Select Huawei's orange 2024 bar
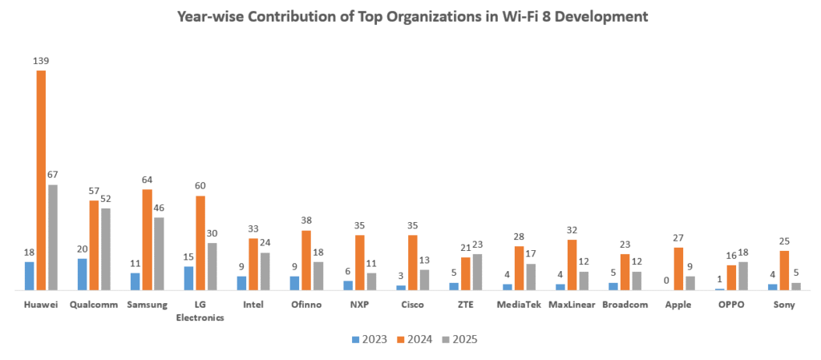click(41, 180)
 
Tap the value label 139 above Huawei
click(41, 61)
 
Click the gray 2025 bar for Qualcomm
click(106, 249)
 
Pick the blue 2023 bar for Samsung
click(135, 281)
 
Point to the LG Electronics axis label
click(200, 310)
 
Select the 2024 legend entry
click(414, 339)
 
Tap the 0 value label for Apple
click(666, 281)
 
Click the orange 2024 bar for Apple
click(678, 269)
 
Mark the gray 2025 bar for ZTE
click(477, 272)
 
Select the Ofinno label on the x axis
click(306, 305)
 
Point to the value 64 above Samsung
click(148, 180)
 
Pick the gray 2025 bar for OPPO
click(743, 276)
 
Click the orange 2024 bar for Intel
click(253, 264)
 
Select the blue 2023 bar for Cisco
click(401, 287)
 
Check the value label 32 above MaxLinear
click(572, 230)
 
